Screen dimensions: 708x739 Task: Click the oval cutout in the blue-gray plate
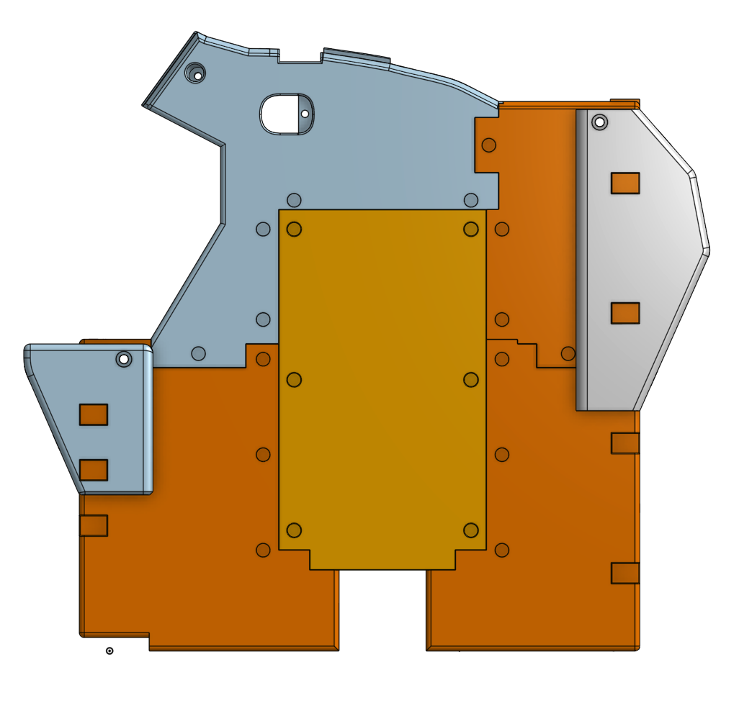(281, 114)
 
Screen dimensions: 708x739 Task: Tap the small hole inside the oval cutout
(305, 114)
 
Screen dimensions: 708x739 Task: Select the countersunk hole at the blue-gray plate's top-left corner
(195, 73)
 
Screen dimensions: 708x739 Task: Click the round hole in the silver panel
(599, 122)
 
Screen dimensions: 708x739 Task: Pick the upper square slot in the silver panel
(625, 183)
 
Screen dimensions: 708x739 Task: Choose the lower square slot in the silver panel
(625, 313)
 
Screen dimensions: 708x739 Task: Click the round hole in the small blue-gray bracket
(124, 358)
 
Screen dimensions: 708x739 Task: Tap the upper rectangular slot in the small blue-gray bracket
(94, 414)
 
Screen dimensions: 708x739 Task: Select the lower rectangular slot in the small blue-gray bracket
(94, 470)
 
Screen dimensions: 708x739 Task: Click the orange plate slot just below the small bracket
(94, 525)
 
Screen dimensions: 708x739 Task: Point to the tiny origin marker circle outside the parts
(109, 651)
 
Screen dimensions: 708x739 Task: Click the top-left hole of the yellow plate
(294, 229)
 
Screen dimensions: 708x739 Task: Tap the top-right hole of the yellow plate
(471, 229)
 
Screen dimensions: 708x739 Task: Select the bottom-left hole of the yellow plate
(294, 530)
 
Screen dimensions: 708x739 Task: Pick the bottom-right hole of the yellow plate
(471, 530)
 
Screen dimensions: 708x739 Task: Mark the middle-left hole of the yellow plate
(294, 379)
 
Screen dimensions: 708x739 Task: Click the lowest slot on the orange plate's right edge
(625, 573)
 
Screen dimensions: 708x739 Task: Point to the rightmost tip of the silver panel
(709, 250)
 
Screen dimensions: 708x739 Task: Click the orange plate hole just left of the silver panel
(568, 353)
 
